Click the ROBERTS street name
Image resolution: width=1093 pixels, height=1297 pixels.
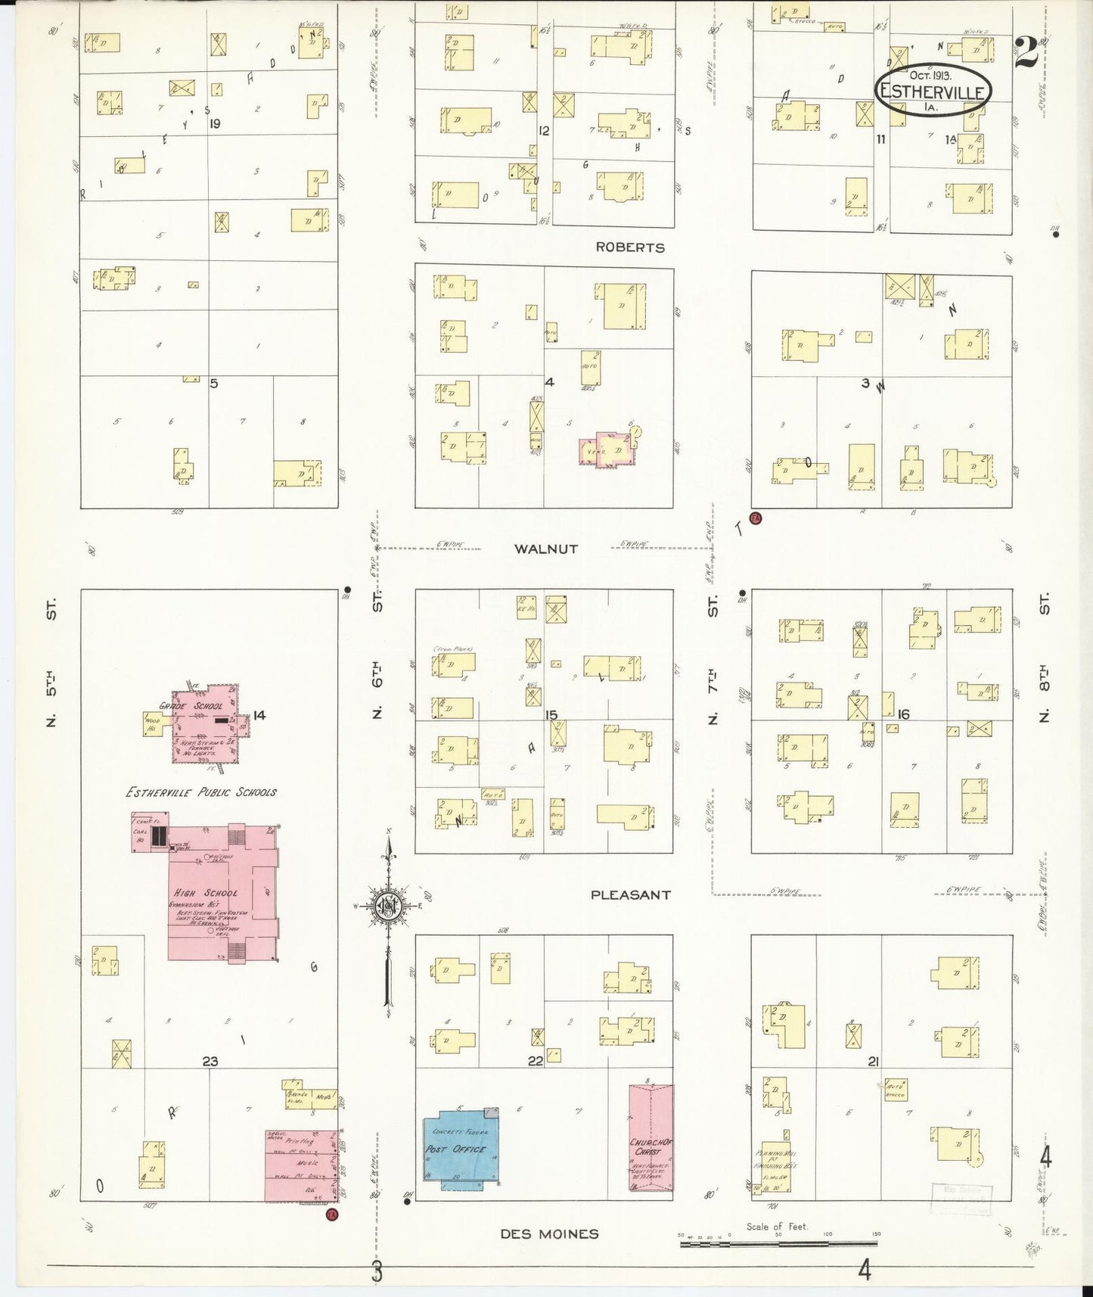[629, 247]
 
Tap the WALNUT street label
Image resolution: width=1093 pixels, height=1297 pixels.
[545, 549]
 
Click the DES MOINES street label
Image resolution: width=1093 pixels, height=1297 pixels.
[549, 1234]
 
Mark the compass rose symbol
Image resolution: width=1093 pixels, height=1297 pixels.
[388, 905]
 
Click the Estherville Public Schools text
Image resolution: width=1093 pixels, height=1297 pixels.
[200, 792]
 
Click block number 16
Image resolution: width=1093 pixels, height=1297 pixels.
[903, 714]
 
